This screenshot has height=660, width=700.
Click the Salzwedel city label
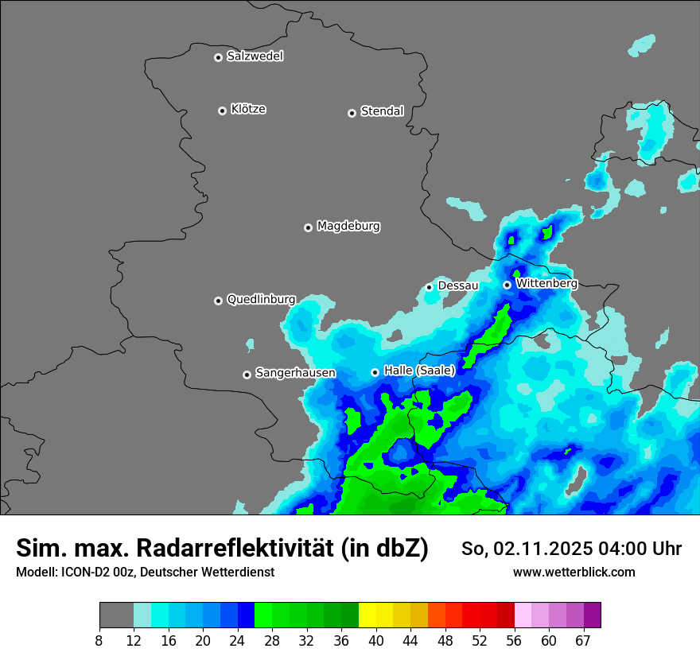click(255, 56)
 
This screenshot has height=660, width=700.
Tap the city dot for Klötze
click(223, 111)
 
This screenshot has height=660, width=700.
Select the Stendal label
click(382, 111)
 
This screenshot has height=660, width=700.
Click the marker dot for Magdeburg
click(309, 227)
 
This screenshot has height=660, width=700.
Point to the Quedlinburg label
click(261, 300)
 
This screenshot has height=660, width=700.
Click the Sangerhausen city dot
click(247, 375)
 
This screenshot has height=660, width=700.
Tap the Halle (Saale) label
click(419, 371)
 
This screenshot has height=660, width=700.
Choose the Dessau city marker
click(430, 287)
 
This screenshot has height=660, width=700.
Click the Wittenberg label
click(546, 283)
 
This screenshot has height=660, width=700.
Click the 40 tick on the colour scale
click(377, 641)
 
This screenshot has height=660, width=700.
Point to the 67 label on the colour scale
click(584, 641)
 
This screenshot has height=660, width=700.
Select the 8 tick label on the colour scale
click(99, 641)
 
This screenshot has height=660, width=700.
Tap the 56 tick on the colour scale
click(515, 641)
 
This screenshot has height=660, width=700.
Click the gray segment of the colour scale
click(116, 615)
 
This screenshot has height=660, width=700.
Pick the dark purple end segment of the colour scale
click(592, 615)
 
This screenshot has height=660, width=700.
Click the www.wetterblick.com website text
click(574, 572)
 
